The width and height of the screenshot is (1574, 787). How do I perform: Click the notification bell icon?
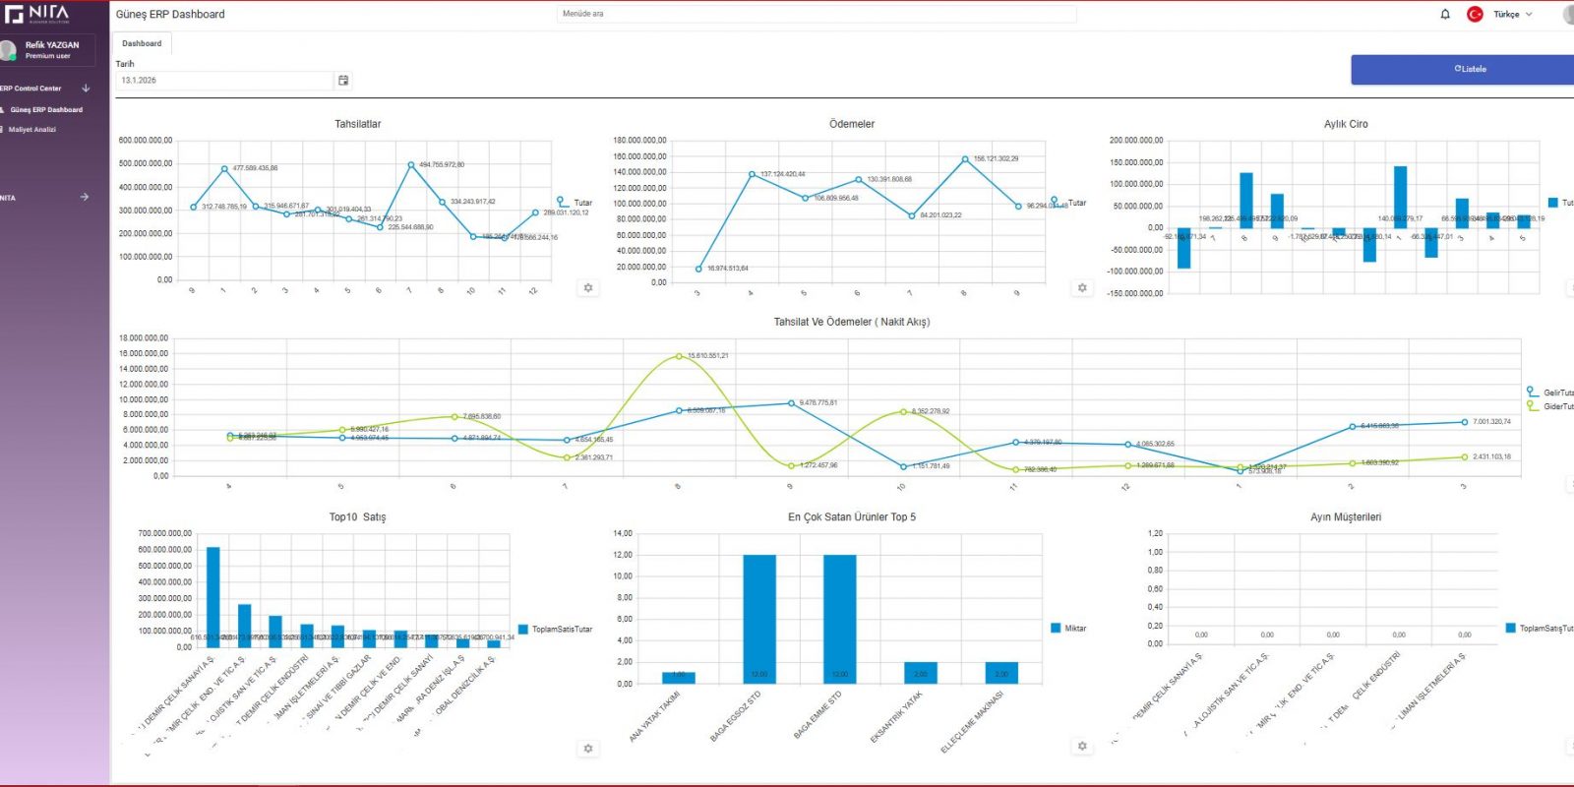coord(1445,14)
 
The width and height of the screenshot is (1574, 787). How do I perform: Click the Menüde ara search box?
coord(817,14)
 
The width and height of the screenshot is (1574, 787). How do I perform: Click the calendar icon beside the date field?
coord(343,81)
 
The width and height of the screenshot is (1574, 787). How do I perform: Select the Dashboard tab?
coord(142,43)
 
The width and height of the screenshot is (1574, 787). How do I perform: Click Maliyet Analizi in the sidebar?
coord(32,129)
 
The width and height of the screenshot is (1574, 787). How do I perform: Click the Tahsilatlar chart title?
coord(357,124)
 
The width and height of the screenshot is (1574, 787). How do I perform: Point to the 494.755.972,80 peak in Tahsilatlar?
coord(411,164)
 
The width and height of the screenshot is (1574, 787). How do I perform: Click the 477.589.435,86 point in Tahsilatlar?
coord(224,169)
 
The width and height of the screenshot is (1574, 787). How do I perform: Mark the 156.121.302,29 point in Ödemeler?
coord(965,158)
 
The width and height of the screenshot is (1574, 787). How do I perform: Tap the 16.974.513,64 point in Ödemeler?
coord(698,269)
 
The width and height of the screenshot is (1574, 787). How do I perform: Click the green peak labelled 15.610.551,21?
coord(679,356)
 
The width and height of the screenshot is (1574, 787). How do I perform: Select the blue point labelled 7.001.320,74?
coord(1464,422)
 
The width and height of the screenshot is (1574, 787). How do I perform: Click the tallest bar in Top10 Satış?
coord(212,595)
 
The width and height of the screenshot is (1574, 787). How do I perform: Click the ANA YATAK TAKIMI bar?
coord(679,677)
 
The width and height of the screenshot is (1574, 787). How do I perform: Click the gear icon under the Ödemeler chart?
coord(1082,288)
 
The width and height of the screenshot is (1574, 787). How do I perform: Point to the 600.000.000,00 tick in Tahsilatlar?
coord(146,141)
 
